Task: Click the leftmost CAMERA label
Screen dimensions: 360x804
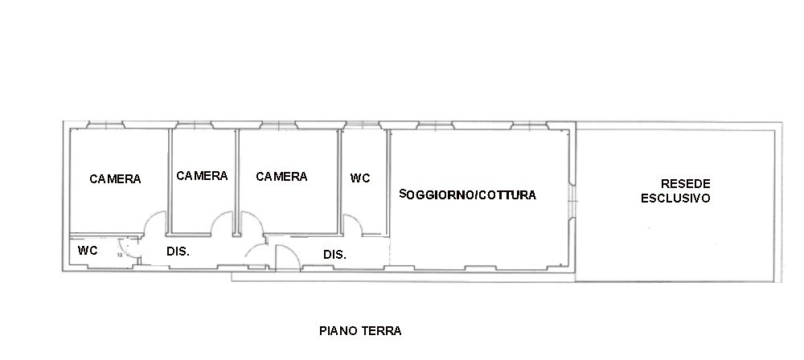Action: click(x=115, y=179)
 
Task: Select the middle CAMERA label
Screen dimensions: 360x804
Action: click(x=202, y=175)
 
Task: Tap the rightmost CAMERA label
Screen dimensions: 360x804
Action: click(x=281, y=177)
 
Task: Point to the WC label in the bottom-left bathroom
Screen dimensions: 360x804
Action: click(x=88, y=251)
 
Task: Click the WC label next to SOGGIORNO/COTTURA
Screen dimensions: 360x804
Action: click(x=360, y=178)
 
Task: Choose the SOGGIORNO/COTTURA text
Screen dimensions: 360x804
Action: click(x=468, y=194)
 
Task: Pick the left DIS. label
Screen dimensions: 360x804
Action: click(x=178, y=252)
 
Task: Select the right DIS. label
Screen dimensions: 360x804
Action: click(x=334, y=255)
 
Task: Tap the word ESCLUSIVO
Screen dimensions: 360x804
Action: click(x=675, y=198)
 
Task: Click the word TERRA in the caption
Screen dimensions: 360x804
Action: click(x=381, y=330)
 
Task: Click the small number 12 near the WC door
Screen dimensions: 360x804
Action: click(x=120, y=254)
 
